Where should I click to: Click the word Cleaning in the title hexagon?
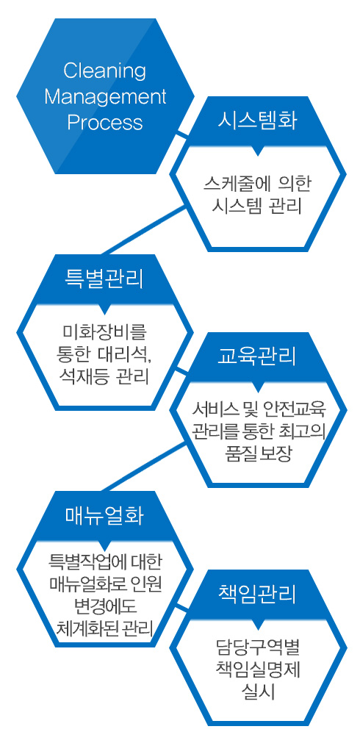pos(104,71)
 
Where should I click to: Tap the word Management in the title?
pos(105,97)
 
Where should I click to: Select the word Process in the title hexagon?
pos(104,122)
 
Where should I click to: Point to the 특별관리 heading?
pos(104,278)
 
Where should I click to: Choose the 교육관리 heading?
pos(257,356)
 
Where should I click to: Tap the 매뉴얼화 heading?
pos(104,514)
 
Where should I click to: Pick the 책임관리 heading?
pos(257,593)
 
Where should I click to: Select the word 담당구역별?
pos(257,645)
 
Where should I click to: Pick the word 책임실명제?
pos(257,668)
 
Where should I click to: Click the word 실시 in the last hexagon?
pos(257,691)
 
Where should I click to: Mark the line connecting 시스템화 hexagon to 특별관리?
pos(144,231)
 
